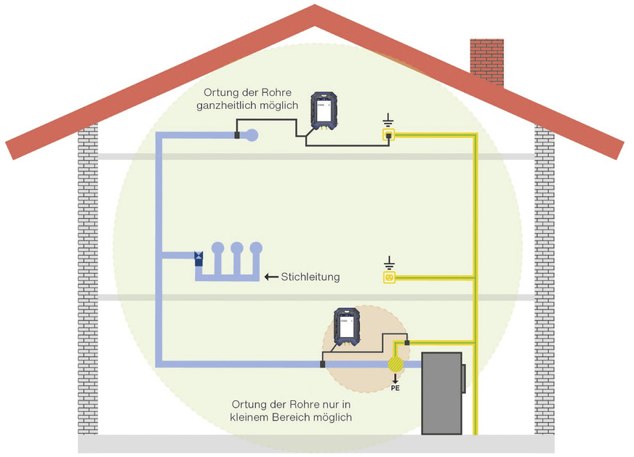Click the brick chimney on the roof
click(x=486, y=58)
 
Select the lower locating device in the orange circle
click(x=346, y=328)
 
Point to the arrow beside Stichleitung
click(x=271, y=277)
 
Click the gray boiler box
click(x=442, y=392)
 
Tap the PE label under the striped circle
click(x=396, y=388)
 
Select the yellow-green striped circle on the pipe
click(x=396, y=364)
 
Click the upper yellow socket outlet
click(x=389, y=135)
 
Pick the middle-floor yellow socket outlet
click(x=389, y=277)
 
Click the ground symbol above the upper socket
click(x=389, y=119)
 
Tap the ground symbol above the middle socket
click(x=389, y=261)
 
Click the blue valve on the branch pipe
click(x=198, y=256)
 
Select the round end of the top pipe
click(x=252, y=134)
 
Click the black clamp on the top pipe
click(x=236, y=134)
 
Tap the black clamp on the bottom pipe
click(x=323, y=364)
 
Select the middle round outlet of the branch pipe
click(x=236, y=248)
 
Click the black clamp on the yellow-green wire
click(x=407, y=341)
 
